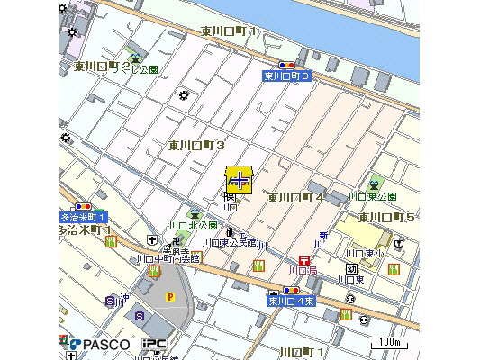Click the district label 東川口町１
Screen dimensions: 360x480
click(230, 32)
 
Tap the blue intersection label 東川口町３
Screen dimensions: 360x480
click(286, 76)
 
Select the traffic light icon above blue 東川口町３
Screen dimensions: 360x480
click(287, 66)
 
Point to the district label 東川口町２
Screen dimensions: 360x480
click(103, 66)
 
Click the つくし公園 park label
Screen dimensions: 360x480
click(146, 69)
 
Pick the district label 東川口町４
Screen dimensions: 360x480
click(296, 197)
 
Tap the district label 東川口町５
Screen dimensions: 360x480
click(386, 217)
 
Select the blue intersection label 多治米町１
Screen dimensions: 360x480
click(84, 218)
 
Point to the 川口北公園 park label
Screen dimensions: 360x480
click(193, 225)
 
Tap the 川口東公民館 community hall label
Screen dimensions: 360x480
click(229, 243)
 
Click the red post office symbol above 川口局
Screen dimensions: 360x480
click(303, 259)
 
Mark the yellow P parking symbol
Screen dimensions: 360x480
click(168, 295)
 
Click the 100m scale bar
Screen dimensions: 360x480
click(388, 343)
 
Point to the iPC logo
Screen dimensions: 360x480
click(152, 344)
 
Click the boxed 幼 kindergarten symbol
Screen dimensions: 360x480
click(352, 268)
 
